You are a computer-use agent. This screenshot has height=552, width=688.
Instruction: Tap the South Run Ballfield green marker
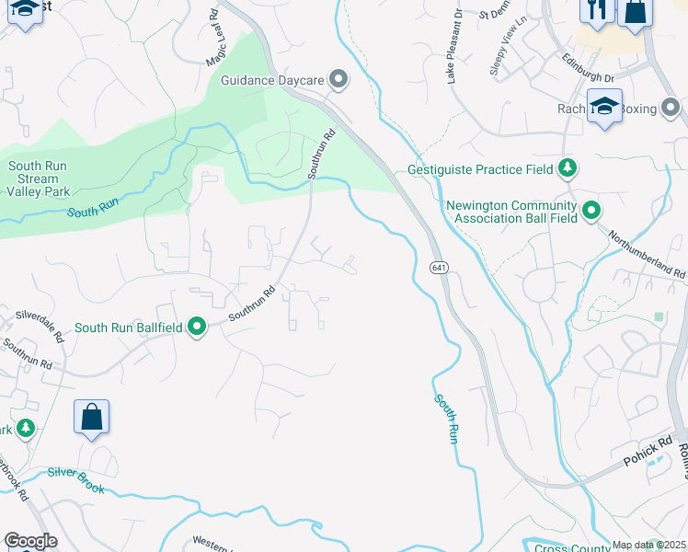[196, 327]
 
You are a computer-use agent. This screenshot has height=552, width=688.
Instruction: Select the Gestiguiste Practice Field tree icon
[568, 168]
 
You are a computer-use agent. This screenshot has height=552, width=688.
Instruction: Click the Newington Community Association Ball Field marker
[591, 211]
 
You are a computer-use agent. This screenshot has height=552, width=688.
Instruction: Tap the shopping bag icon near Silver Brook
[92, 417]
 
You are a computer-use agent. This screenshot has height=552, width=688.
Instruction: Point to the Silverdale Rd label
[39, 323]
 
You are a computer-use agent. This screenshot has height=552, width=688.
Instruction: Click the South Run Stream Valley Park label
[39, 179]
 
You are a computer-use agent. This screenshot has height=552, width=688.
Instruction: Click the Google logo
[29, 541]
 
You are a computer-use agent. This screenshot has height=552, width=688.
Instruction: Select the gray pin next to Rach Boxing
[672, 109]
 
